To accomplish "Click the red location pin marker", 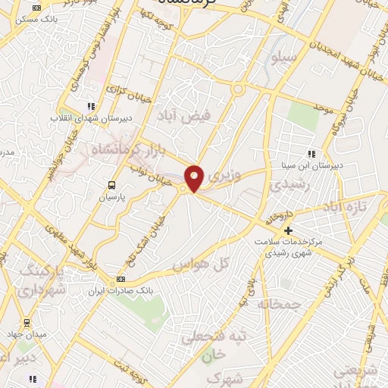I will (194, 177).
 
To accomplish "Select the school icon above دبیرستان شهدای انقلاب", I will (91, 106).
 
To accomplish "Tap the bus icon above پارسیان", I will (112, 185).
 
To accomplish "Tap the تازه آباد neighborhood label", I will (345, 207).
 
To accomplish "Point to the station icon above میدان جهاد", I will (27, 323).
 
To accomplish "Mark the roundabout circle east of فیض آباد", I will (238, 90).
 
